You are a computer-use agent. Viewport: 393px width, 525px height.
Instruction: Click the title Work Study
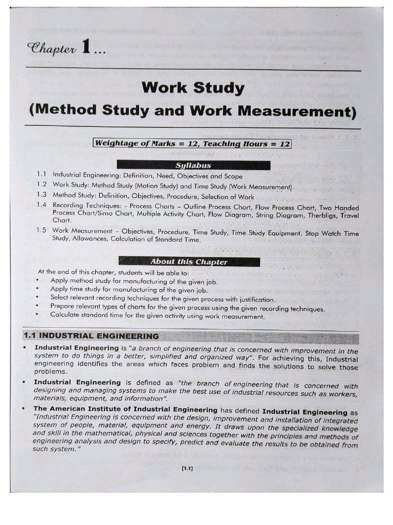[193, 88]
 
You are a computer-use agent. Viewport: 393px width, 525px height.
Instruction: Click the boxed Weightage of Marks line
[192, 144]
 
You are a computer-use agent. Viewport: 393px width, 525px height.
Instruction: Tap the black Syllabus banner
[193, 165]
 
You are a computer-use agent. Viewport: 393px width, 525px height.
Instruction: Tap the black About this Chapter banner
[189, 261]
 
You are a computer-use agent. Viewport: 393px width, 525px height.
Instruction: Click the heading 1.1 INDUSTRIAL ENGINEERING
[91, 336]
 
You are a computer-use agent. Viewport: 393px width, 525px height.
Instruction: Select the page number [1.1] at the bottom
[186, 468]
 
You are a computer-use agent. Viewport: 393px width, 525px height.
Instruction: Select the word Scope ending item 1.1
[232, 175]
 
